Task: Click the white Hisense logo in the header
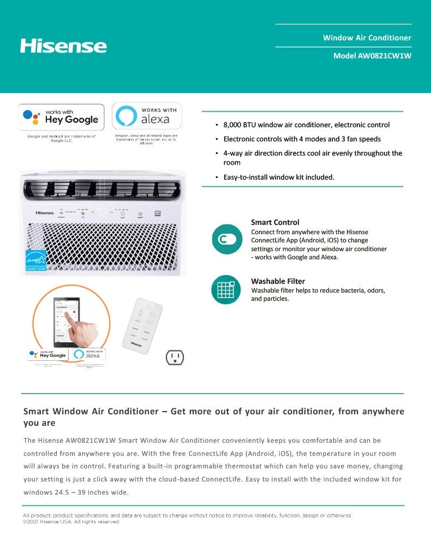tap(63, 45)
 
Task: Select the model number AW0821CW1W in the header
tap(376, 56)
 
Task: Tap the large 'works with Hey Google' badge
tap(61, 117)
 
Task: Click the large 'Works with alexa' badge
tap(147, 116)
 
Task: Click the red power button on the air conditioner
tap(140, 213)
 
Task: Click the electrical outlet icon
tap(175, 358)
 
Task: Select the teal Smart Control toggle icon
tap(226, 239)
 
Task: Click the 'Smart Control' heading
tap(275, 222)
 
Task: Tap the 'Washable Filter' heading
tap(278, 281)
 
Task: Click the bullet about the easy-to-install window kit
tap(278, 177)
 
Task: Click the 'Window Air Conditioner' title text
tap(367, 38)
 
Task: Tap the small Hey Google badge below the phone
tap(48, 354)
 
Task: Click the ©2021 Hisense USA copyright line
tap(71, 522)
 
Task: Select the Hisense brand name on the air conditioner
tap(45, 212)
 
